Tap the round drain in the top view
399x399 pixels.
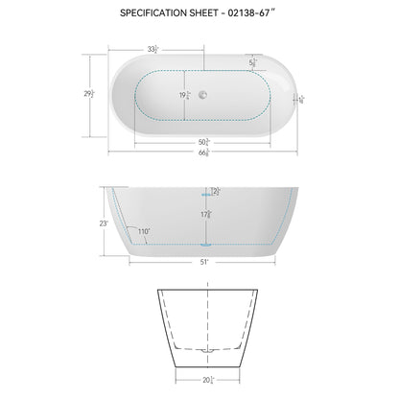pos(201,94)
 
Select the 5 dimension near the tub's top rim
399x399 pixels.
pos(253,64)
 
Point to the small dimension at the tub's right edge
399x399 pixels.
pos(300,98)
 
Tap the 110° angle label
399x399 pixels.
pos(144,232)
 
